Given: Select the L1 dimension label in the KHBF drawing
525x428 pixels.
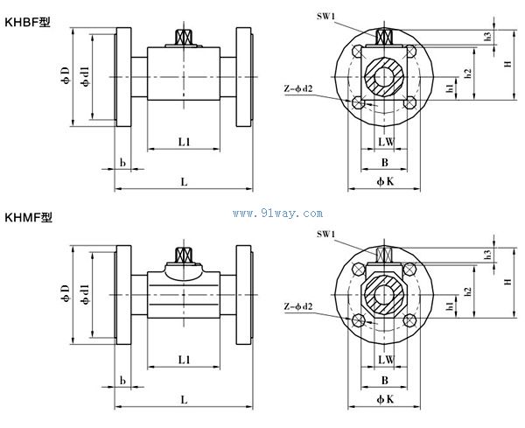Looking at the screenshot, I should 185,141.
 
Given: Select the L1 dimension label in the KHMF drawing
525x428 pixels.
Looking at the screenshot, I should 185,359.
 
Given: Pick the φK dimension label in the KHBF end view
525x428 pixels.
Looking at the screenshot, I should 384,181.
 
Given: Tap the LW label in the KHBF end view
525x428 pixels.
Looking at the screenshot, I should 385,141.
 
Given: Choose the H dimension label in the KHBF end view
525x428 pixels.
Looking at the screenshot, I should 507,64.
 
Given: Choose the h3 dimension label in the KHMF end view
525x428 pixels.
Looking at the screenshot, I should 486,254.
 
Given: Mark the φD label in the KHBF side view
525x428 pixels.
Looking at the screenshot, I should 65,77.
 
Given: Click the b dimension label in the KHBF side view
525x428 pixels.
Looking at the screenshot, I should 122,163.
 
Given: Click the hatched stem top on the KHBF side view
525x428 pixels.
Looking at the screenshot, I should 185,38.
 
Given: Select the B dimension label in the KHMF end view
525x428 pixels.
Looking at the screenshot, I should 384,380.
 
